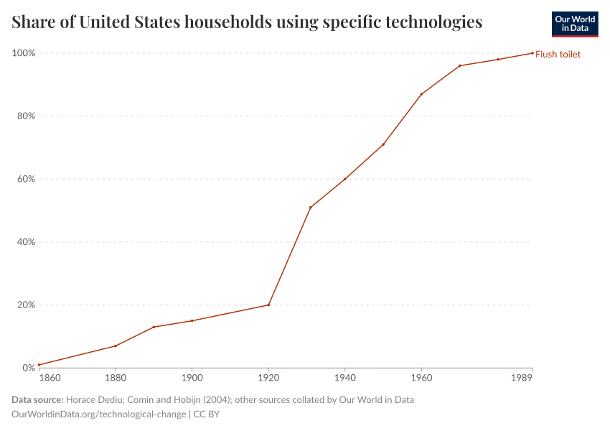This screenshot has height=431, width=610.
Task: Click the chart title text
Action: tap(247, 22)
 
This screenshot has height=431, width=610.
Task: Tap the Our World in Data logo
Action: tap(574, 24)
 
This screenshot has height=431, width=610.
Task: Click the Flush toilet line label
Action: tap(558, 54)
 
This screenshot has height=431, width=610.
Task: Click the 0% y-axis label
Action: tap(28, 368)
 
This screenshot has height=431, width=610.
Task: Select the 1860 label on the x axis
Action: tap(50, 378)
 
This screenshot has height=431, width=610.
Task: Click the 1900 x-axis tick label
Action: tap(192, 378)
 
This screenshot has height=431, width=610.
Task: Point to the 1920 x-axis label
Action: tap(268, 378)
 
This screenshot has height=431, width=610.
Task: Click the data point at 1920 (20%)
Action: tap(268, 305)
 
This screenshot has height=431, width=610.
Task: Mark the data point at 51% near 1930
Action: tap(310, 208)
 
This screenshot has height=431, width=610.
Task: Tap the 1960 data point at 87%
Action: tap(421, 94)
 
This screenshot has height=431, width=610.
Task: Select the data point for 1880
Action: tap(116, 346)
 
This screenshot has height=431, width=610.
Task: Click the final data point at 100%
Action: tap(532, 53)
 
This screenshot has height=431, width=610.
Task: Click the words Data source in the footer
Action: tap(37, 399)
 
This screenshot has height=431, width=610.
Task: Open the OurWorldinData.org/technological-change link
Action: tap(99, 414)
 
